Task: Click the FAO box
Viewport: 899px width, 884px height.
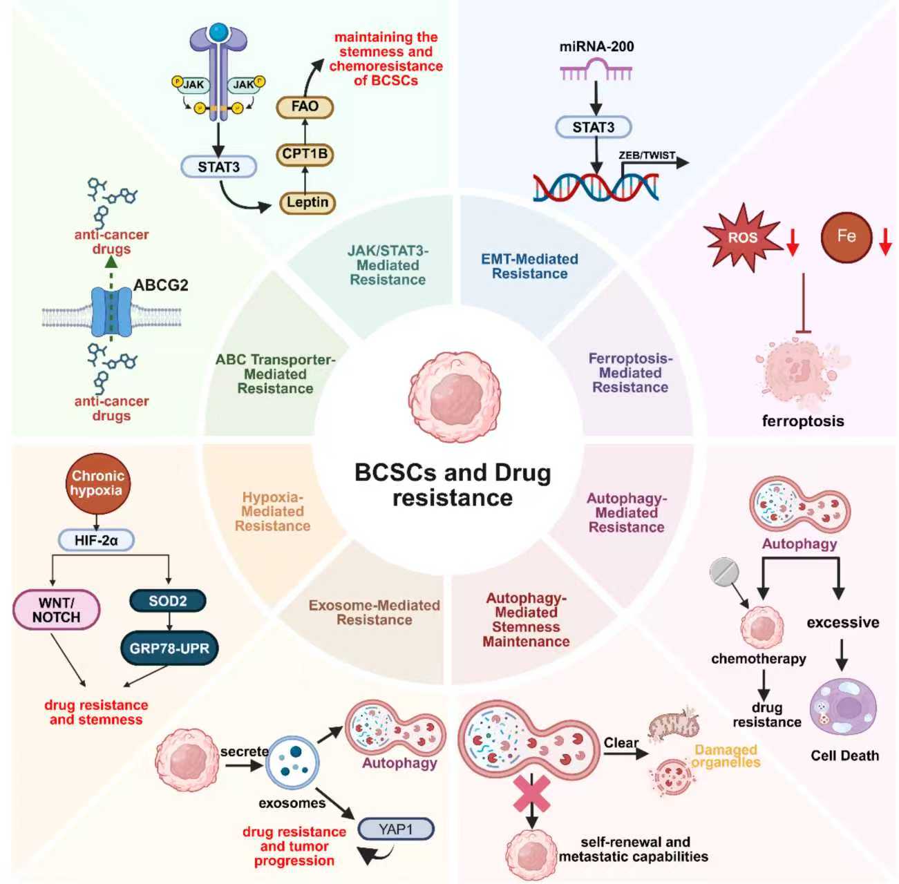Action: (x=305, y=107)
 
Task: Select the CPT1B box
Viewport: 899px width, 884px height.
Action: (x=305, y=154)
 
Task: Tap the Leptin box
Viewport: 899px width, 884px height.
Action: (x=307, y=202)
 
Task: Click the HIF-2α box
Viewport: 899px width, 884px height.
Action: (x=96, y=540)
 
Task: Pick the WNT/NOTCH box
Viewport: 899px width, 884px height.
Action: (x=56, y=610)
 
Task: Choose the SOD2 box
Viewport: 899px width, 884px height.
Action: (x=168, y=601)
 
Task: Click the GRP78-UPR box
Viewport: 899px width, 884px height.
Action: (x=169, y=648)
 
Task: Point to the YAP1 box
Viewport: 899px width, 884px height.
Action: (x=395, y=829)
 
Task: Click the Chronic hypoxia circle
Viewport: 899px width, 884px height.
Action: (x=97, y=483)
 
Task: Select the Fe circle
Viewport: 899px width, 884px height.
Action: (x=846, y=236)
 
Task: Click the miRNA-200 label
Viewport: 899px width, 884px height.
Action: (x=596, y=47)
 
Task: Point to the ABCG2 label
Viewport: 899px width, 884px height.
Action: (x=160, y=285)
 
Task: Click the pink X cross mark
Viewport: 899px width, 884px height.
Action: (x=531, y=793)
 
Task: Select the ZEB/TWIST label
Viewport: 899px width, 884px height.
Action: (x=647, y=155)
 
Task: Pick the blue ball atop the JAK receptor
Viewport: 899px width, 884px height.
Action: (x=218, y=32)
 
